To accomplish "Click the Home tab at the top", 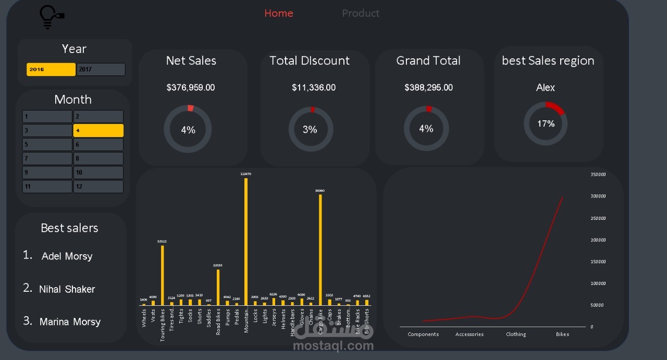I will (x=278, y=14).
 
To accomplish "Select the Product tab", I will (x=361, y=14).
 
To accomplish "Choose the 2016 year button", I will (x=51, y=69).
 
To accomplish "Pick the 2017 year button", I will (x=101, y=69).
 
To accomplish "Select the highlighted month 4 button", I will (x=98, y=130).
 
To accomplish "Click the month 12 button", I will (x=98, y=187).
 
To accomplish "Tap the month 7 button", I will (x=47, y=158).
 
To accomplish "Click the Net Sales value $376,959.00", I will (x=191, y=88).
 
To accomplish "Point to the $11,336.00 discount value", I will (x=314, y=88).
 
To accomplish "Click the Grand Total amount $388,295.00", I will (x=428, y=88).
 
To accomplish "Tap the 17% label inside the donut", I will (x=546, y=124).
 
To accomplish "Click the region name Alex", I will (x=546, y=88).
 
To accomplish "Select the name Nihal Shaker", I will (x=67, y=289).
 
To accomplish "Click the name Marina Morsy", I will (x=70, y=322).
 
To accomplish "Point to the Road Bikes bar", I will (x=218, y=287).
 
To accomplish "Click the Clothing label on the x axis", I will (x=516, y=334).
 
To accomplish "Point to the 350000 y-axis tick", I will (x=598, y=175).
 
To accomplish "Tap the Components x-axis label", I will (x=423, y=334).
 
